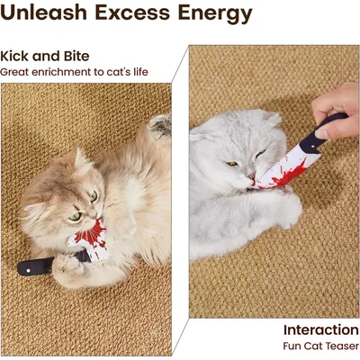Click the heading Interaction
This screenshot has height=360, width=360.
coord(321,329)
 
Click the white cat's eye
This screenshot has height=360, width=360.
coord(231,163)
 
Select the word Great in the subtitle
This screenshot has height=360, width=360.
coord(13,72)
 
